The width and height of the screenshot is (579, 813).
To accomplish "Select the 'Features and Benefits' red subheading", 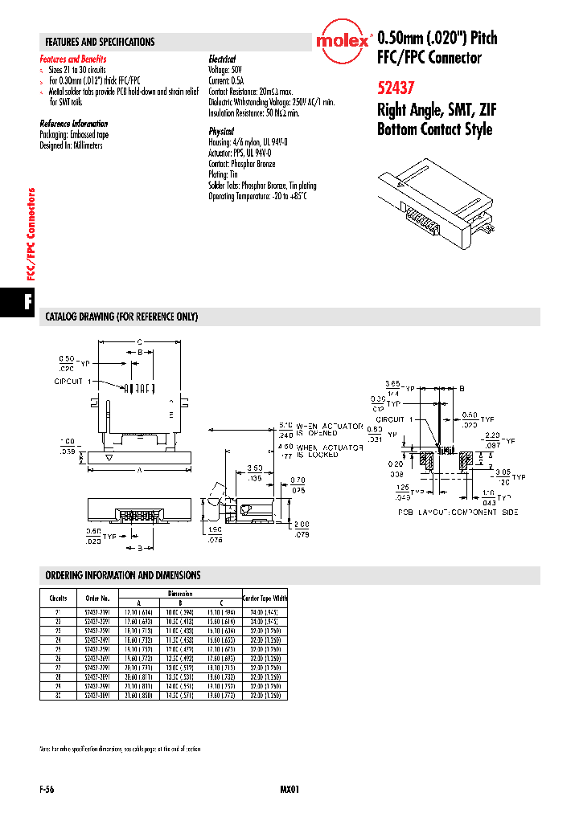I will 73,59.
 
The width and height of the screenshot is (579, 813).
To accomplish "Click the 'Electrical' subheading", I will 222,59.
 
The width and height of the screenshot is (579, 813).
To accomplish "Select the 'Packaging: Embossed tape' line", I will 74,135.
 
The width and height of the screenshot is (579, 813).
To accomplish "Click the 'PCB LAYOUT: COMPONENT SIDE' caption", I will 458,513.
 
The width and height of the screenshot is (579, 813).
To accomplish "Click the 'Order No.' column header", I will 96,599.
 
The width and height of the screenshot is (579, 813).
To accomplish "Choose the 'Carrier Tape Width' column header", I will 265,599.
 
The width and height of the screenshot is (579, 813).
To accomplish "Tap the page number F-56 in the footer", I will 47,790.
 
